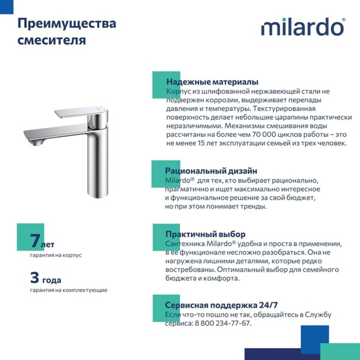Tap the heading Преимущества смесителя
(x=67, y=32)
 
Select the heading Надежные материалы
(x=212, y=82)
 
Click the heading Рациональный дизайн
(x=211, y=171)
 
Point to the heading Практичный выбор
(x=205, y=234)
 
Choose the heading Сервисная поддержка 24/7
(x=221, y=305)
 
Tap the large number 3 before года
(x=35, y=278)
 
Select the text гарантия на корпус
(x=56, y=255)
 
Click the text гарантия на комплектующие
(x=68, y=290)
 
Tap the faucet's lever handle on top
(x=79, y=112)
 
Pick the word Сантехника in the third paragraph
(x=182, y=243)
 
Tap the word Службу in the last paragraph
(x=318, y=315)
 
